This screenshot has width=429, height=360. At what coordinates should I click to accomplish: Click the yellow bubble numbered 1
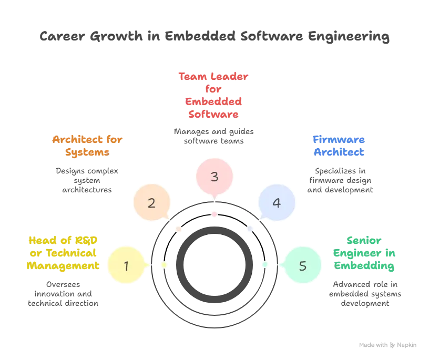(126, 265)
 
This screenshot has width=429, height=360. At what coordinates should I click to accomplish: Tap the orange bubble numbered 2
(151, 203)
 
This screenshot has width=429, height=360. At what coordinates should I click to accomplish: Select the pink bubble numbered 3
(214, 177)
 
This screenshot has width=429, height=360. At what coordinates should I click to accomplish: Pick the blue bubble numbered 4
(277, 203)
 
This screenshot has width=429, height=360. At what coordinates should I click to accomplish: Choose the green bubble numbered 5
(302, 265)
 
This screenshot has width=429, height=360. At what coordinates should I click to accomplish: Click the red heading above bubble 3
(214, 95)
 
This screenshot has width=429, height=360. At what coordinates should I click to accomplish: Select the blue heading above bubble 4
(339, 147)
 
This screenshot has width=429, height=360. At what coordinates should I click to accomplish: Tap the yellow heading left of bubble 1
(63, 253)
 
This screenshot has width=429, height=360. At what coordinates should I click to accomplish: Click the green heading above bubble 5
(363, 253)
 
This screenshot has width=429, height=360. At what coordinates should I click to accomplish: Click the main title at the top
(214, 37)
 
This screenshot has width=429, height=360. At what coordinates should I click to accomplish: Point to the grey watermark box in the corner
(386, 345)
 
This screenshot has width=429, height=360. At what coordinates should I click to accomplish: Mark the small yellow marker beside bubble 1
(164, 265)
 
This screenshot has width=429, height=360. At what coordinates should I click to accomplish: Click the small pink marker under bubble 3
(214, 214)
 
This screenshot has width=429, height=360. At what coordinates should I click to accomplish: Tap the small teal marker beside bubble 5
(265, 265)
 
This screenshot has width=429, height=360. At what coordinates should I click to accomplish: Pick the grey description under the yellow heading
(63, 293)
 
